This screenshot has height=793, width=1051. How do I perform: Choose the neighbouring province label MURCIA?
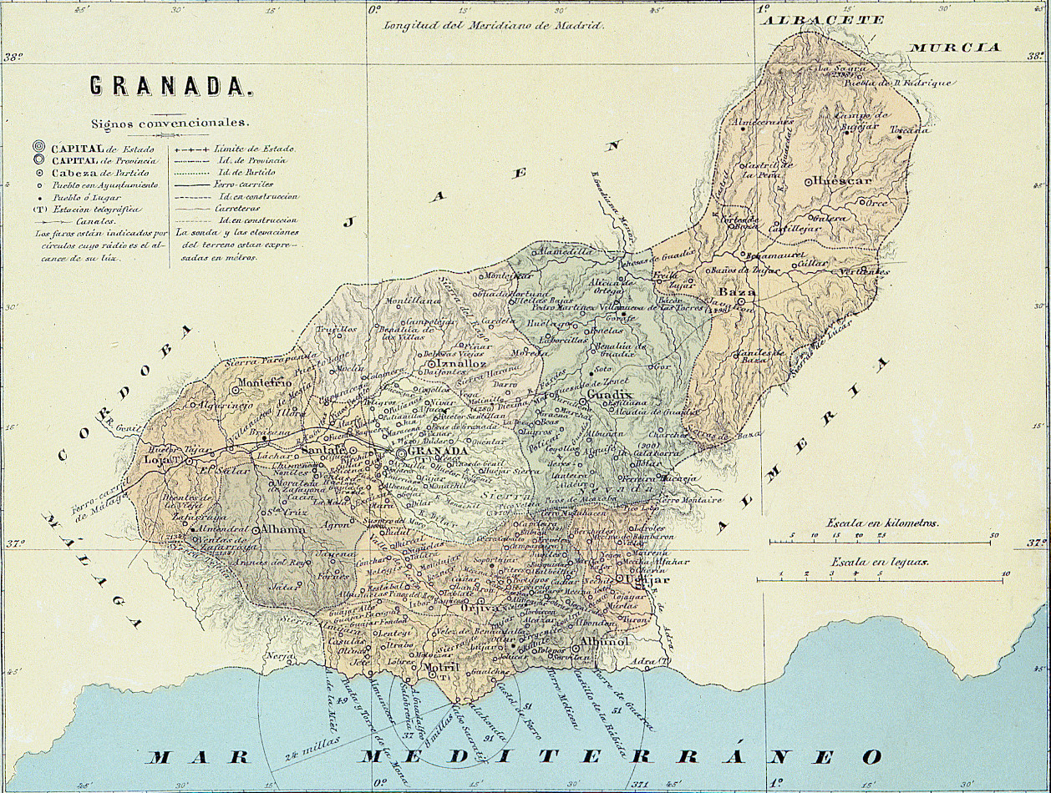pos(955,48)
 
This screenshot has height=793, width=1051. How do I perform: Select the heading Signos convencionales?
pos(170,122)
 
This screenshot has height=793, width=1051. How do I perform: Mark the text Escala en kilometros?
pos(882,523)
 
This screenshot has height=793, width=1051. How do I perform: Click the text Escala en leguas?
pos(879,562)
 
